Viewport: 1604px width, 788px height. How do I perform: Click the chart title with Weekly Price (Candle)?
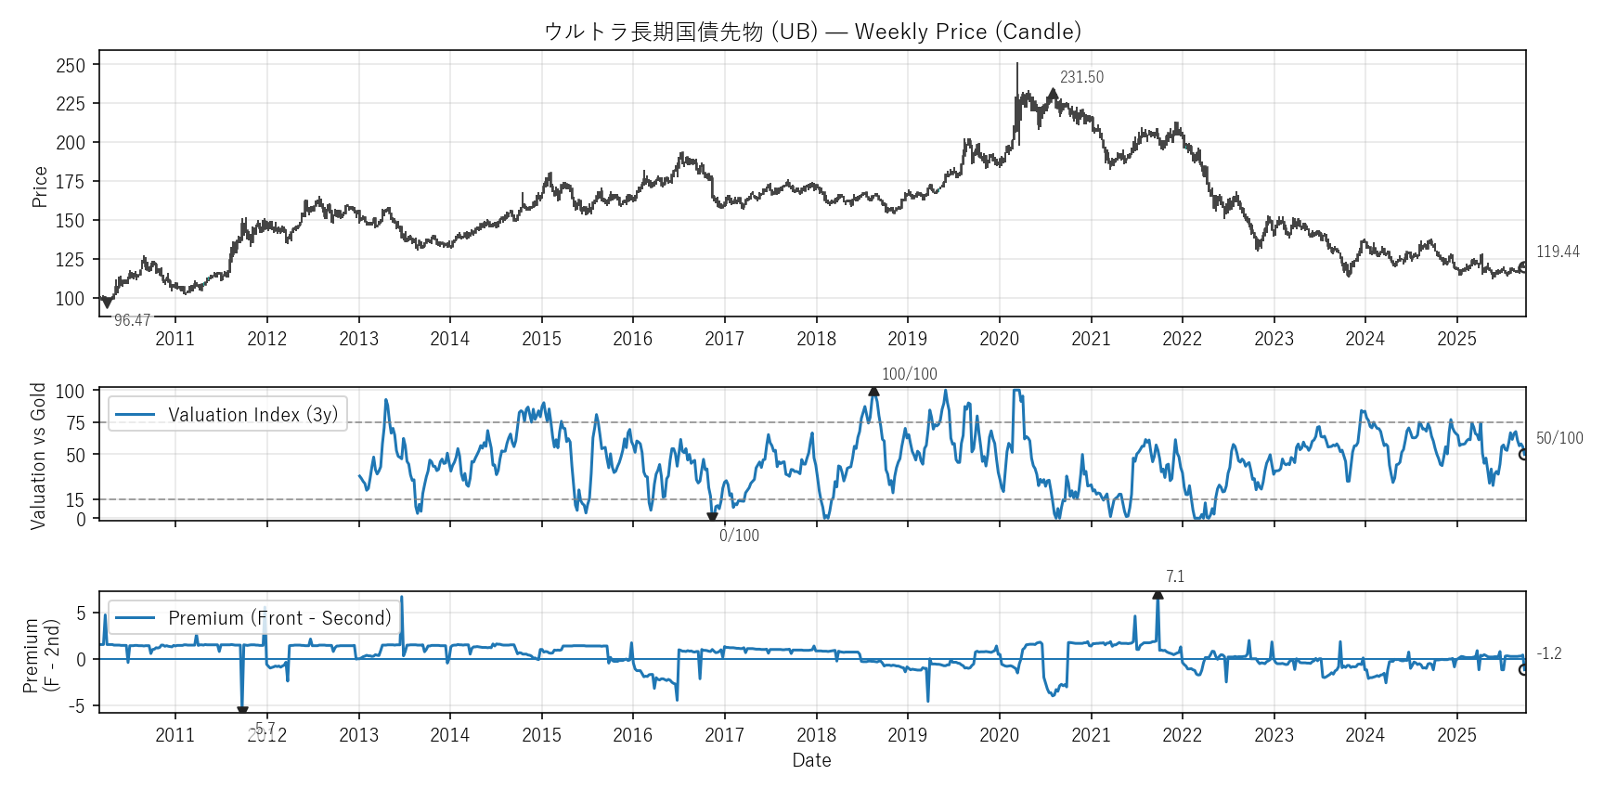pyautogui.click(x=812, y=32)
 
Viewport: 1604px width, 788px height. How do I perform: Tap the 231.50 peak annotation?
pyautogui.click(x=1081, y=77)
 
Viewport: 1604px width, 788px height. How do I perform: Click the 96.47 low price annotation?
pyautogui.click(x=132, y=320)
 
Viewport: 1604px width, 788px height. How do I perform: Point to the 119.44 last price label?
pyautogui.click(x=1558, y=252)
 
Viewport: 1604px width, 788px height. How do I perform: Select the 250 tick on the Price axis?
pyautogui.click(x=71, y=66)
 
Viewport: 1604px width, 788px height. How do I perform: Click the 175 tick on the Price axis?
pyautogui.click(x=71, y=182)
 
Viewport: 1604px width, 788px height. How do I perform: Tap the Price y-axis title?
pyautogui.click(x=39, y=187)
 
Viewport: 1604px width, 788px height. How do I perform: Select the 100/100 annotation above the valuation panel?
pyautogui.click(x=909, y=374)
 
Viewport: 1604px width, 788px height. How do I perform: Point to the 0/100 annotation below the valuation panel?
pyautogui.click(x=739, y=536)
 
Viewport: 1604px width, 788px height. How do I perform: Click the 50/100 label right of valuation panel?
pyautogui.click(x=1559, y=438)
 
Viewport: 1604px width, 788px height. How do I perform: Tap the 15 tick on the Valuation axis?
pyautogui.click(x=75, y=500)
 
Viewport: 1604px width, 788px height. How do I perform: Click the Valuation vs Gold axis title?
pyautogui.click(x=38, y=456)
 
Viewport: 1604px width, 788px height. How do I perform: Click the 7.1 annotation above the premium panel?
pyautogui.click(x=1175, y=576)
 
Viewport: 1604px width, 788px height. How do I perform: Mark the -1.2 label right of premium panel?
pyautogui.click(x=1548, y=653)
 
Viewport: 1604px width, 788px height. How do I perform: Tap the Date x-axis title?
pyautogui.click(x=811, y=760)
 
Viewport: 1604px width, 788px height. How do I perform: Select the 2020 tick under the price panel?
pyautogui.click(x=999, y=339)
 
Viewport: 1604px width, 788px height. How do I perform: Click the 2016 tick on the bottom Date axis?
pyautogui.click(x=632, y=735)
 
